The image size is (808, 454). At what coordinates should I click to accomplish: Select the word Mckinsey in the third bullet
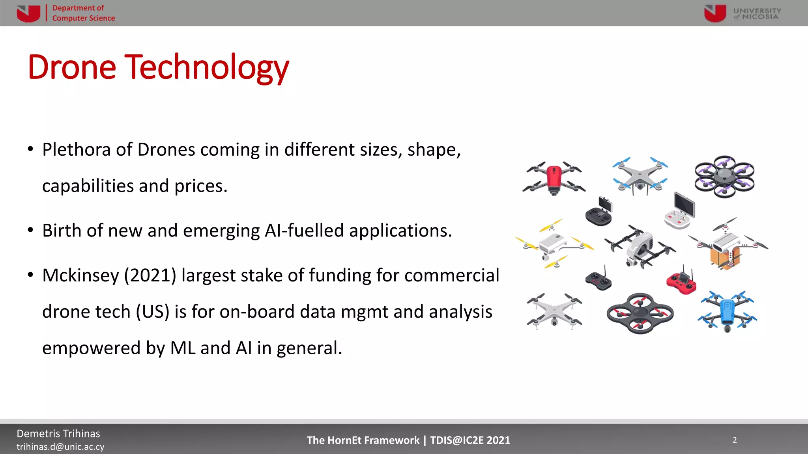(x=80, y=275)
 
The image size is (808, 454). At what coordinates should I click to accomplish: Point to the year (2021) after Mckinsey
(x=150, y=275)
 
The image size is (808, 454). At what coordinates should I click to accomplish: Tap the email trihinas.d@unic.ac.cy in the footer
(x=60, y=447)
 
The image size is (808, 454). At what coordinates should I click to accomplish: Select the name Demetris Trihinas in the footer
(x=58, y=434)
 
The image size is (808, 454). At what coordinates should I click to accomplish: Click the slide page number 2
(x=735, y=440)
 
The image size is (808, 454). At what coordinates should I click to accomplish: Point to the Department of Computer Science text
(x=83, y=13)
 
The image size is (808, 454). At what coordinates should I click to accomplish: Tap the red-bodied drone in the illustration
(x=554, y=178)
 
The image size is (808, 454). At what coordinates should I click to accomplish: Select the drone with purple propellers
(x=724, y=176)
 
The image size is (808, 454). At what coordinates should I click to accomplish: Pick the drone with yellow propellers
(x=553, y=244)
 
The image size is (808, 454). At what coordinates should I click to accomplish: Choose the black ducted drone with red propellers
(x=640, y=313)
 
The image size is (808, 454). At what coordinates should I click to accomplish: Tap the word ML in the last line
(x=183, y=348)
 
